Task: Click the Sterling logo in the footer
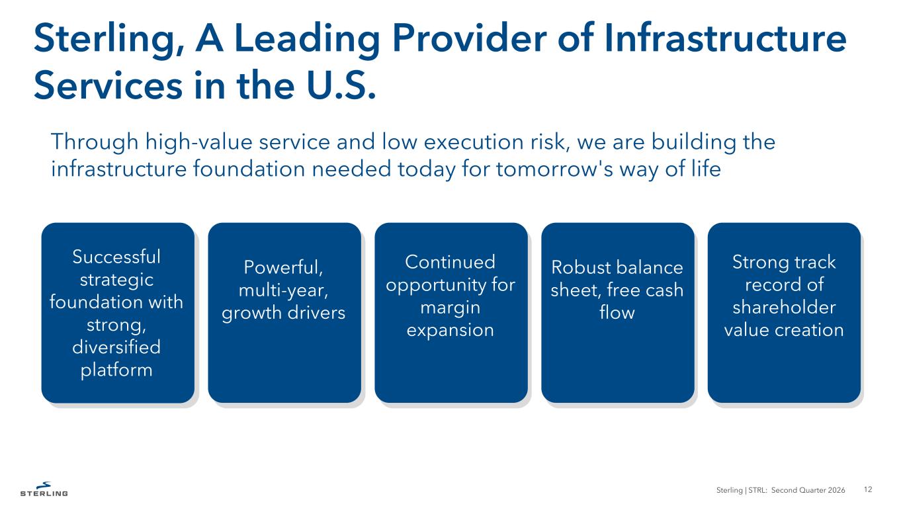[x=44, y=489]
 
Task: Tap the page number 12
[x=868, y=489]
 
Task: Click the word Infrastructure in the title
[x=725, y=38]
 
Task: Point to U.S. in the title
[x=341, y=85]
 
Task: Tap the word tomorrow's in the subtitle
[x=554, y=169]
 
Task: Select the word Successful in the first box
[x=116, y=257]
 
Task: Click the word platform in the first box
[x=116, y=370]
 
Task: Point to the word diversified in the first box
[x=116, y=347]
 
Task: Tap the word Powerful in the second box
[x=283, y=267]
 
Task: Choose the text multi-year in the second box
[x=283, y=290]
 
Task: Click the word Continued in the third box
[x=451, y=262]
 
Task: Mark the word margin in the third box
[x=451, y=308]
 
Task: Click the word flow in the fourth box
[x=617, y=312]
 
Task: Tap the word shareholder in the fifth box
[x=784, y=307]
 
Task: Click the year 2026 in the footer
[x=836, y=490]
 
